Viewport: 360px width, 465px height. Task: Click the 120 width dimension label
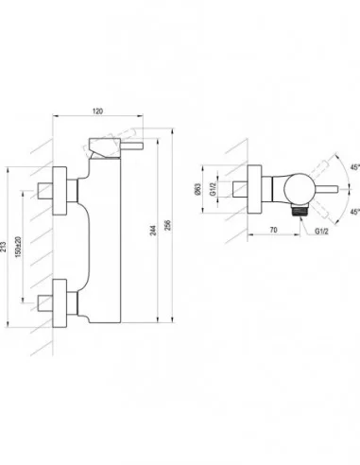click(x=97, y=112)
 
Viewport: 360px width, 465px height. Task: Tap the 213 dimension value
click(x=3, y=247)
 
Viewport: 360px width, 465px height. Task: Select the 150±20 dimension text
click(x=18, y=247)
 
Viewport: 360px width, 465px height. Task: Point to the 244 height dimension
click(x=152, y=231)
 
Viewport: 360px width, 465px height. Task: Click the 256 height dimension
click(x=167, y=225)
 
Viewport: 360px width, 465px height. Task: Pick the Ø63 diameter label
click(x=197, y=189)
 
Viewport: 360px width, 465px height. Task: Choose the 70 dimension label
click(x=274, y=230)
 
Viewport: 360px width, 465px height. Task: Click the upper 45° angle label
click(x=355, y=167)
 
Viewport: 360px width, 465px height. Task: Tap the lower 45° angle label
click(x=355, y=212)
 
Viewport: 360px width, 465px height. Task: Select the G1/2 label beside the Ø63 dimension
click(x=214, y=189)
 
